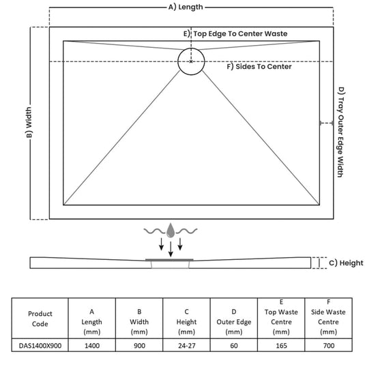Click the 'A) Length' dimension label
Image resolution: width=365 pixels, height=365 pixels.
pyautogui.click(x=186, y=8)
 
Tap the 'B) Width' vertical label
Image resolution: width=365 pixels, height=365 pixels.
pyautogui.click(x=29, y=122)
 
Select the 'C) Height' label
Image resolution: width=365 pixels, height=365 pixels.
pyautogui.click(x=346, y=263)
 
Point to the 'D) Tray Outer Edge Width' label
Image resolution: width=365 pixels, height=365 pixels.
pyautogui.click(x=341, y=132)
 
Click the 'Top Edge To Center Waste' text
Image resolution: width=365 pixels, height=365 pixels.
pyautogui.click(x=240, y=33)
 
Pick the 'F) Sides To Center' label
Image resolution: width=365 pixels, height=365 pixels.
pyautogui.click(x=259, y=67)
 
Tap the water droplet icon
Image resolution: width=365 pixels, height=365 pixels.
pyautogui.click(x=171, y=231)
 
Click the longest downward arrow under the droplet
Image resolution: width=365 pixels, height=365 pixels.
pyautogui.click(x=171, y=249)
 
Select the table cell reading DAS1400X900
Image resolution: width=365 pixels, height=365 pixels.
pyautogui.click(x=40, y=346)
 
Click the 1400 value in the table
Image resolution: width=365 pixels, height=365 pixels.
pyautogui.click(x=92, y=346)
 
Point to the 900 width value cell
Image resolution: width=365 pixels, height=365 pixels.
pyautogui.click(x=139, y=346)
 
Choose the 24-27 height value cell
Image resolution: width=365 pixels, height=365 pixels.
pyautogui.click(x=187, y=346)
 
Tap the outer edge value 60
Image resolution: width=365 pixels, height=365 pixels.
pyautogui.click(x=234, y=346)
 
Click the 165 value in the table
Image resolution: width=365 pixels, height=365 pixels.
pyautogui.click(x=281, y=346)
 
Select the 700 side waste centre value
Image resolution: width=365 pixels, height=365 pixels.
pyautogui.click(x=328, y=346)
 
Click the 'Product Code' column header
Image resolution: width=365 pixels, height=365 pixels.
pyautogui.click(x=40, y=319)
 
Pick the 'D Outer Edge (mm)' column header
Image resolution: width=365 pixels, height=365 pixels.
pyautogui.click(x=234, y=322)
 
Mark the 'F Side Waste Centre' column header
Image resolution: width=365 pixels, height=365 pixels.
pyautogui.click(x=328, y=317)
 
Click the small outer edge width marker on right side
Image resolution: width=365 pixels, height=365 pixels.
pyautogui.click(x=326, y=123)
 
